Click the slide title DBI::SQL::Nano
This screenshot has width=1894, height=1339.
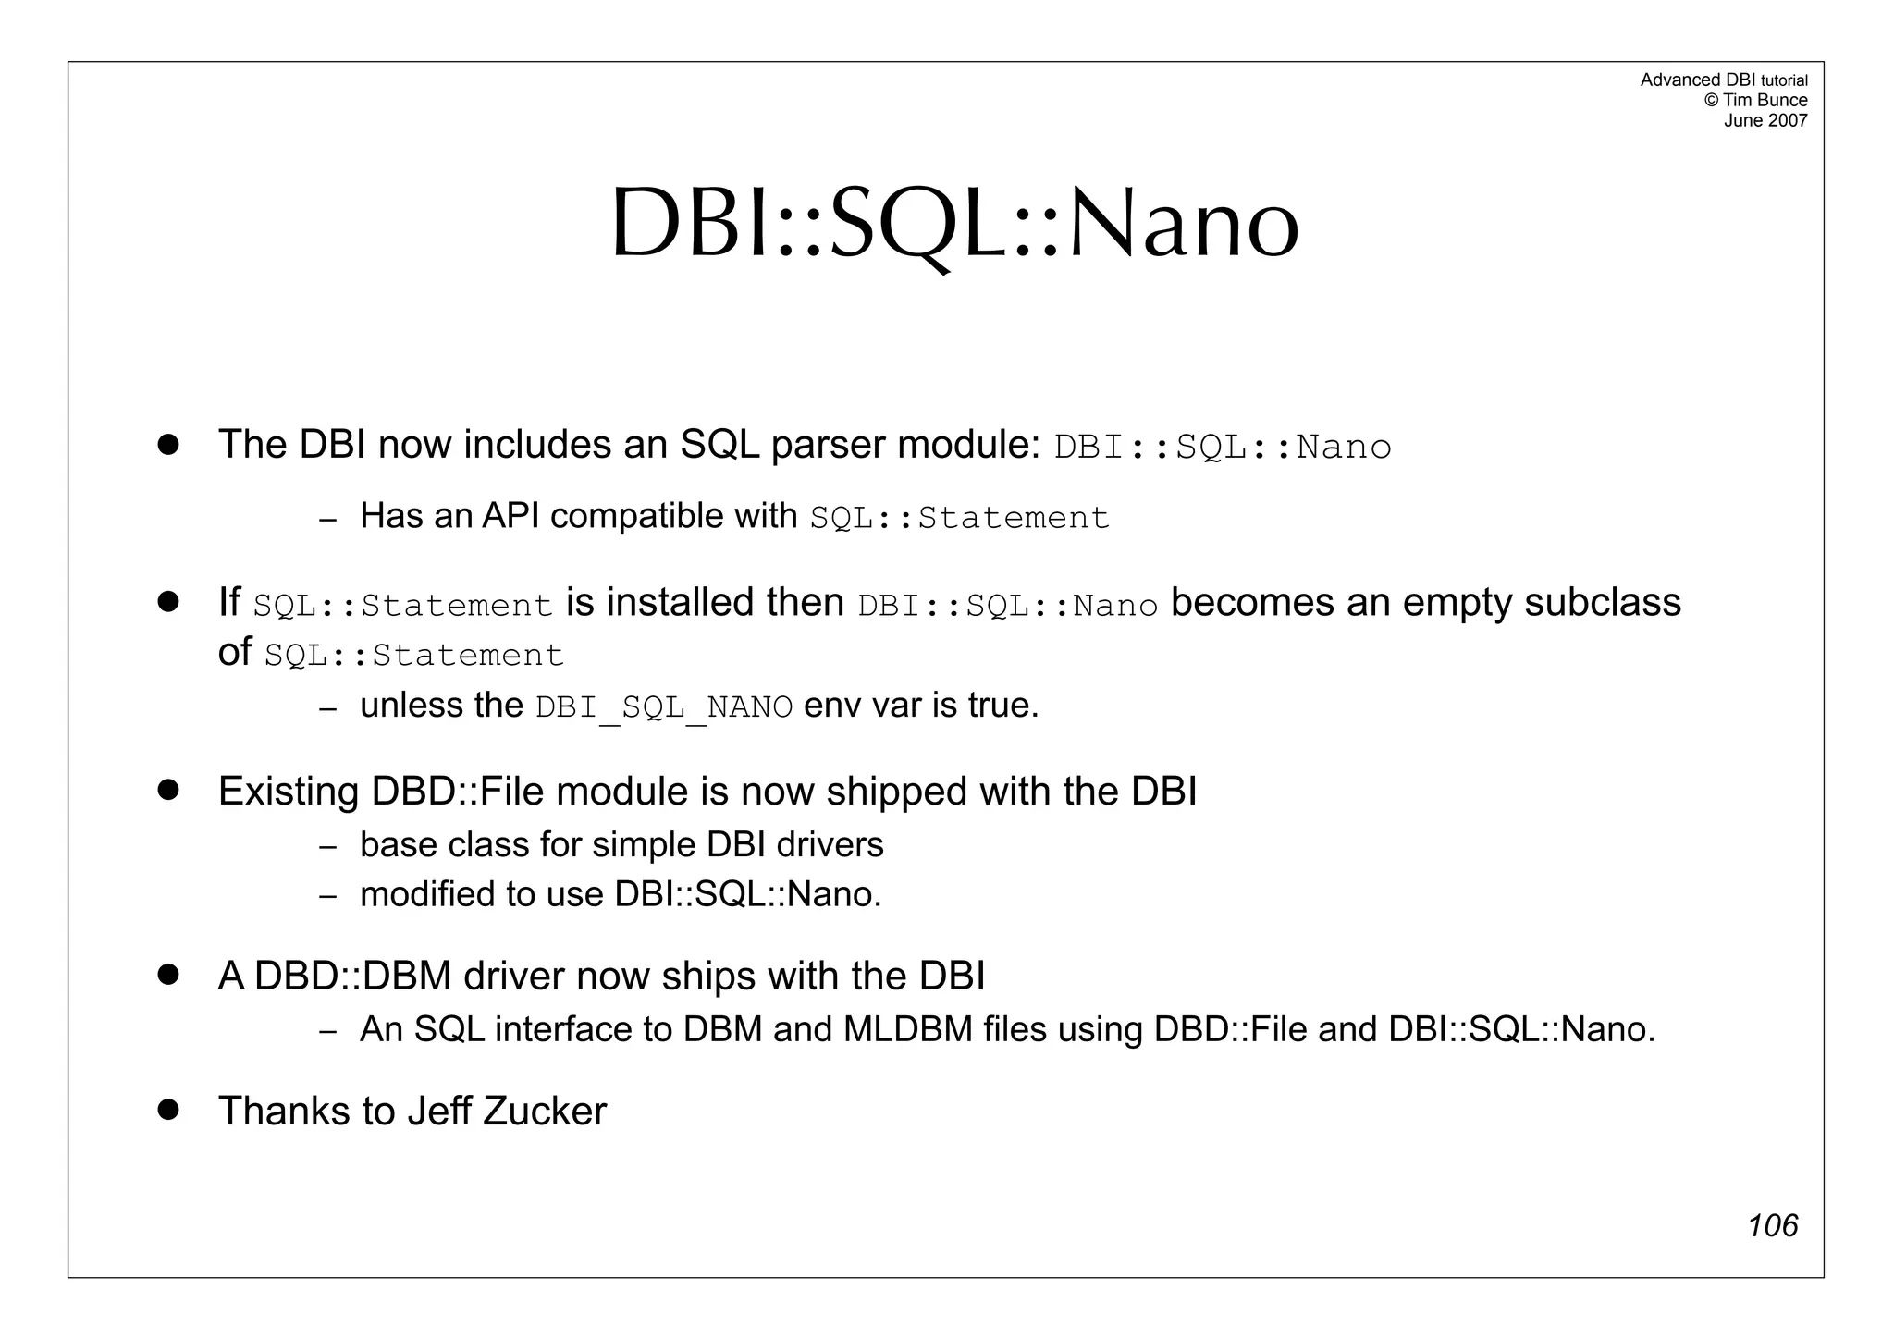click(954, 225)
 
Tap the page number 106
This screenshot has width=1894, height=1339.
click(1772, 1226)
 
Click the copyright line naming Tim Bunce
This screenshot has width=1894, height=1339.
click(1754, 100)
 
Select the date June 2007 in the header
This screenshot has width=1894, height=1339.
click(1765, 120)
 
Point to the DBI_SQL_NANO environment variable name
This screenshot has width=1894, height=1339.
click(663, 707)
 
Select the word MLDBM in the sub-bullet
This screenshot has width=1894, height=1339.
click(907, 1029)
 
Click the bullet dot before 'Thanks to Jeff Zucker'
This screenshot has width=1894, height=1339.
click(167, 1109)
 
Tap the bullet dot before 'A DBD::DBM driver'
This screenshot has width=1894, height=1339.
click(167, 974)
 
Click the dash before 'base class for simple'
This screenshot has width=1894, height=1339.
click(327, 846)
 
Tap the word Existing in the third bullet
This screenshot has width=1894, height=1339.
click(288, 792)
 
